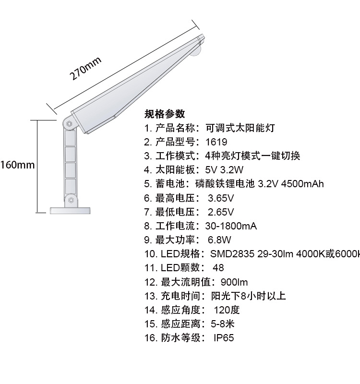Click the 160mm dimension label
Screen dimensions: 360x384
(17, 165)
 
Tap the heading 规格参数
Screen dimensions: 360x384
(165, 114)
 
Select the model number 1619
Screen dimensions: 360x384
(216, 142)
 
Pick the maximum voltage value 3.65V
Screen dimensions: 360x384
(221, 198)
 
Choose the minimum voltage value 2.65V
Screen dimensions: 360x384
(221, 212)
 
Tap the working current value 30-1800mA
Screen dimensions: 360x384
(231, 226)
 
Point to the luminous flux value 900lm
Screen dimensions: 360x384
(234, 282)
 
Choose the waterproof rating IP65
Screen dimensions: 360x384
(224, 338)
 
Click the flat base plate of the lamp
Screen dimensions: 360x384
(71, 210)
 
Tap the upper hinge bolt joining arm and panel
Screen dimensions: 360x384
(69, 123)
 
